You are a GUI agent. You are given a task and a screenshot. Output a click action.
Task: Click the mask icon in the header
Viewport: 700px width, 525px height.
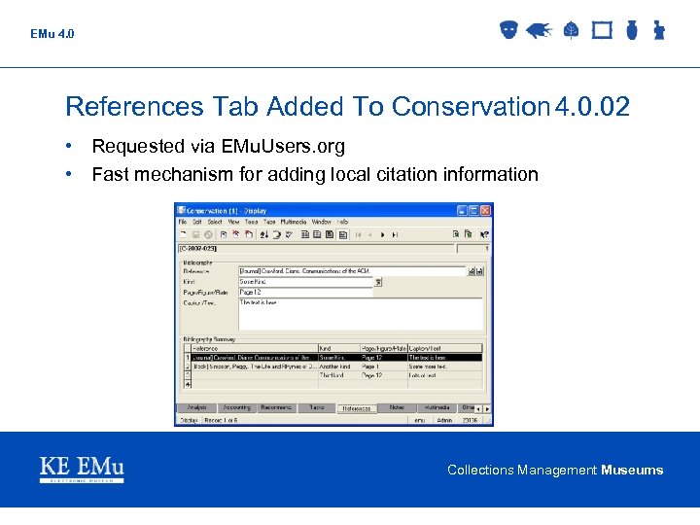[507, 30]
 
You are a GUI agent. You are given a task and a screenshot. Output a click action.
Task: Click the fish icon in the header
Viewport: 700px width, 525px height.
[540, 30]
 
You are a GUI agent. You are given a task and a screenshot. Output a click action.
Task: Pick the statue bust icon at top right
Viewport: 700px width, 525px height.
[658, 30]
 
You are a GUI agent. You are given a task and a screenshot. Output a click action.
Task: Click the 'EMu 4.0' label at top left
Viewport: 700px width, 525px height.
[52, 34]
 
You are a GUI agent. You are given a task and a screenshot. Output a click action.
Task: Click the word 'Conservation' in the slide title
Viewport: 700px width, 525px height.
[471, 106]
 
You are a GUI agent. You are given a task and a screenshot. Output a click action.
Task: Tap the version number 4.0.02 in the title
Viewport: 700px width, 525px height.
[591, 106]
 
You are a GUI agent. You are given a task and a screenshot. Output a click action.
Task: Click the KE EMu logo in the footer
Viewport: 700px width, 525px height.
[82, 470]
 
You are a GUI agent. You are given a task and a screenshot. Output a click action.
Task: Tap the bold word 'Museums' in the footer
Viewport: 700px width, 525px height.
[632, 471]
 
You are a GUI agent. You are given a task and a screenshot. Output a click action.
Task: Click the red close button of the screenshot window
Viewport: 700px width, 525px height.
[487, 209]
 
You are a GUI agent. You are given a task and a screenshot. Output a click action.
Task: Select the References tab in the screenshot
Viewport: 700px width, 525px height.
[357, 408]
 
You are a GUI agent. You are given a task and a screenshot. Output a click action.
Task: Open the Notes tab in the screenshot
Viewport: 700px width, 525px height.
[397, 408]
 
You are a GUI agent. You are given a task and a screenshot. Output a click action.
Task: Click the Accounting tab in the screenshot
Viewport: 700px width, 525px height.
[236, 408]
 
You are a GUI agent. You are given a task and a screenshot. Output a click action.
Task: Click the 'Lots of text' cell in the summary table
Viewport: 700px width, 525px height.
[427, 375]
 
